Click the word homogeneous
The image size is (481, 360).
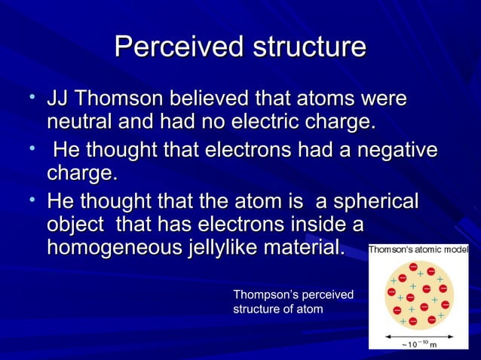[x=110, y=247]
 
